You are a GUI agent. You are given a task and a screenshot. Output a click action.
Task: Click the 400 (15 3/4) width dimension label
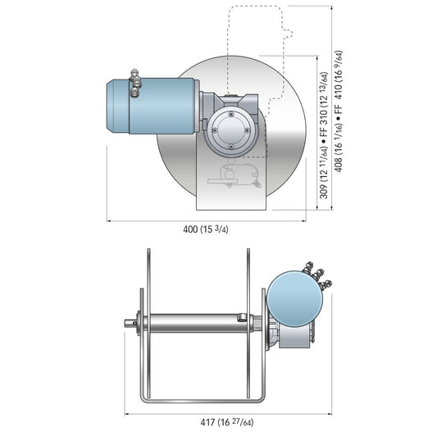point(206,230)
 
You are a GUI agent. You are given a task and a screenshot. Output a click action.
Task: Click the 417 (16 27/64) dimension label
point(227,422)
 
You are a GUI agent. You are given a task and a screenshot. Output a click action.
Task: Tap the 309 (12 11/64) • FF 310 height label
point(323,135)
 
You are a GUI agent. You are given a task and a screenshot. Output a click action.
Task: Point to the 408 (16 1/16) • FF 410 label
point(338,112)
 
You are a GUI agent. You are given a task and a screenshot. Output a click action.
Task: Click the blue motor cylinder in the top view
point(152,106)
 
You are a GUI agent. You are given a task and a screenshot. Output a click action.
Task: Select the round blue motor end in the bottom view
point(294,298)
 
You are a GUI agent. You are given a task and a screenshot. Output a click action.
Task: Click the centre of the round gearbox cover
point(230,130)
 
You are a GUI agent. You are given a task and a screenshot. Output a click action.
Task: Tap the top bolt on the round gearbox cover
point(230,114)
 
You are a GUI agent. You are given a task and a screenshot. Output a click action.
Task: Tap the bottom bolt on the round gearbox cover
point(230,146)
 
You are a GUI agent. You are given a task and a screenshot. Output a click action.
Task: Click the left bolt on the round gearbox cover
point(215,130)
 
